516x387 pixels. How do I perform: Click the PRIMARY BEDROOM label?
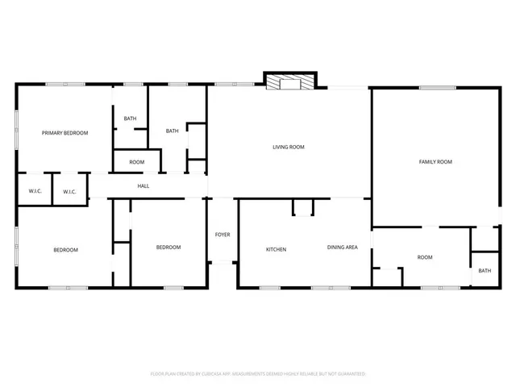pos(65,133)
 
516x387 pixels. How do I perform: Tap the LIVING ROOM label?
pos(288,147)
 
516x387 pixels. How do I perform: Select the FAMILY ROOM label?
pos(435,162)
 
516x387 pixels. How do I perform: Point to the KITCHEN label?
pos(277,249)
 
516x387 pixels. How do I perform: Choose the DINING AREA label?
pos(342,248)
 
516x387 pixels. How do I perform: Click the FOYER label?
pos(223,235)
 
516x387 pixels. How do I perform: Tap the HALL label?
pos(144,186)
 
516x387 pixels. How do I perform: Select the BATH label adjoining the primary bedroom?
pos(130,119)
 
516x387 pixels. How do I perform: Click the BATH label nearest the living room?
pos(172,131)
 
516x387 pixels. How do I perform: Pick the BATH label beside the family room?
pos(485,271)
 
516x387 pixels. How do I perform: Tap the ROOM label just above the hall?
pos(137,162)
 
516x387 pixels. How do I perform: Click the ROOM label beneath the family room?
pos(425,258)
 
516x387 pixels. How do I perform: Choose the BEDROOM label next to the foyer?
pos(169,248)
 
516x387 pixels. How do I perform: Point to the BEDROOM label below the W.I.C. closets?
pos(66,250)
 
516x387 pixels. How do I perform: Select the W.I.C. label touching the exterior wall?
pos(35,192)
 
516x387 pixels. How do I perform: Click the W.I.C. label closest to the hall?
pos(69,192)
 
